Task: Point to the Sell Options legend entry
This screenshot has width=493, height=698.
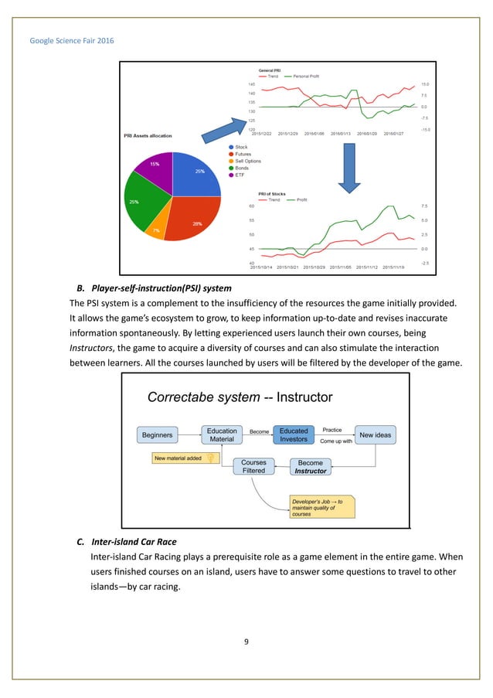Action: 247,161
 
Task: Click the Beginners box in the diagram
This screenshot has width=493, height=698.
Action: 157,435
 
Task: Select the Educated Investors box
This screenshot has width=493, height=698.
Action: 294,435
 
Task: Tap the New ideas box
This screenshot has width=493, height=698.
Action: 375,435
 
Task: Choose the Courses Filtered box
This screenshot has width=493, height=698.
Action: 253,467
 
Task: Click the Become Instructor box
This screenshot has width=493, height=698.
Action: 311,467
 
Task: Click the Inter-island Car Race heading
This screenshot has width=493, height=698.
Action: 133,541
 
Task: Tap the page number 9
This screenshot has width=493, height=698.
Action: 246,639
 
